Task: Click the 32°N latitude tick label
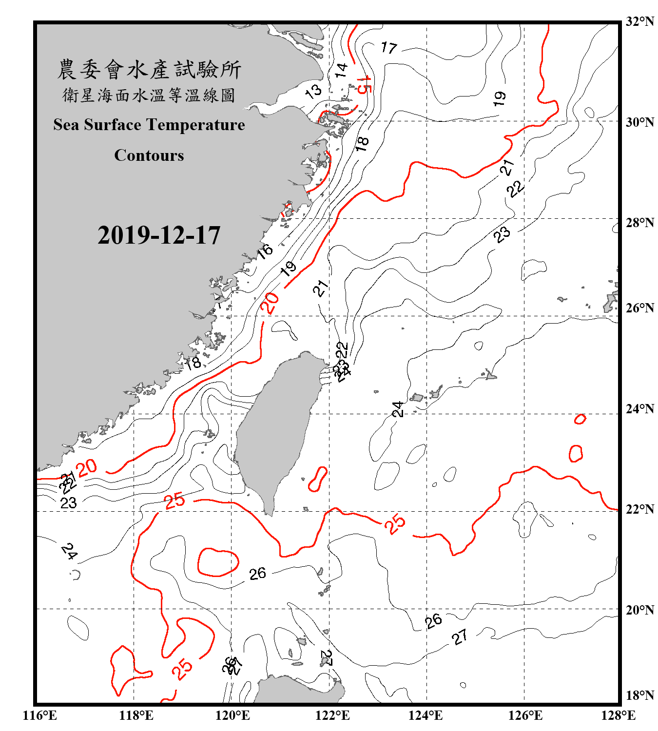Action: (x=639, y=21)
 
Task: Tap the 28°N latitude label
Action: (x=639, y=223)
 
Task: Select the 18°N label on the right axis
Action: (x=639, y=695)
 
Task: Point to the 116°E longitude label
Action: (x=40, y=715)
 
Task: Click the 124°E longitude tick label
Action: (x=426, y=715)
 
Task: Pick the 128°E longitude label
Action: (x=618, y=715)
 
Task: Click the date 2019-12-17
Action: (x=159, y=235)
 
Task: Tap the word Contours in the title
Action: (x=149, y=155)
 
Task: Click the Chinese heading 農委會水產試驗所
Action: (x=149, y=70)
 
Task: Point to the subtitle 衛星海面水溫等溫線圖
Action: (x=149, y=95)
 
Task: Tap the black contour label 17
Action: (x=389, y=47)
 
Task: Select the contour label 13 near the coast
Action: (x=313, y=91)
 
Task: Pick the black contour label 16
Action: (x=265, y=251)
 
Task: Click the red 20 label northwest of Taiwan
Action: (x=270, y=303)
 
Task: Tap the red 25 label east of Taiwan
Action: (x=395, y=523)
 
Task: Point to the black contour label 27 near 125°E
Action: (x=460, y=636)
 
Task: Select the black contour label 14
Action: (x=341, y=70)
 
